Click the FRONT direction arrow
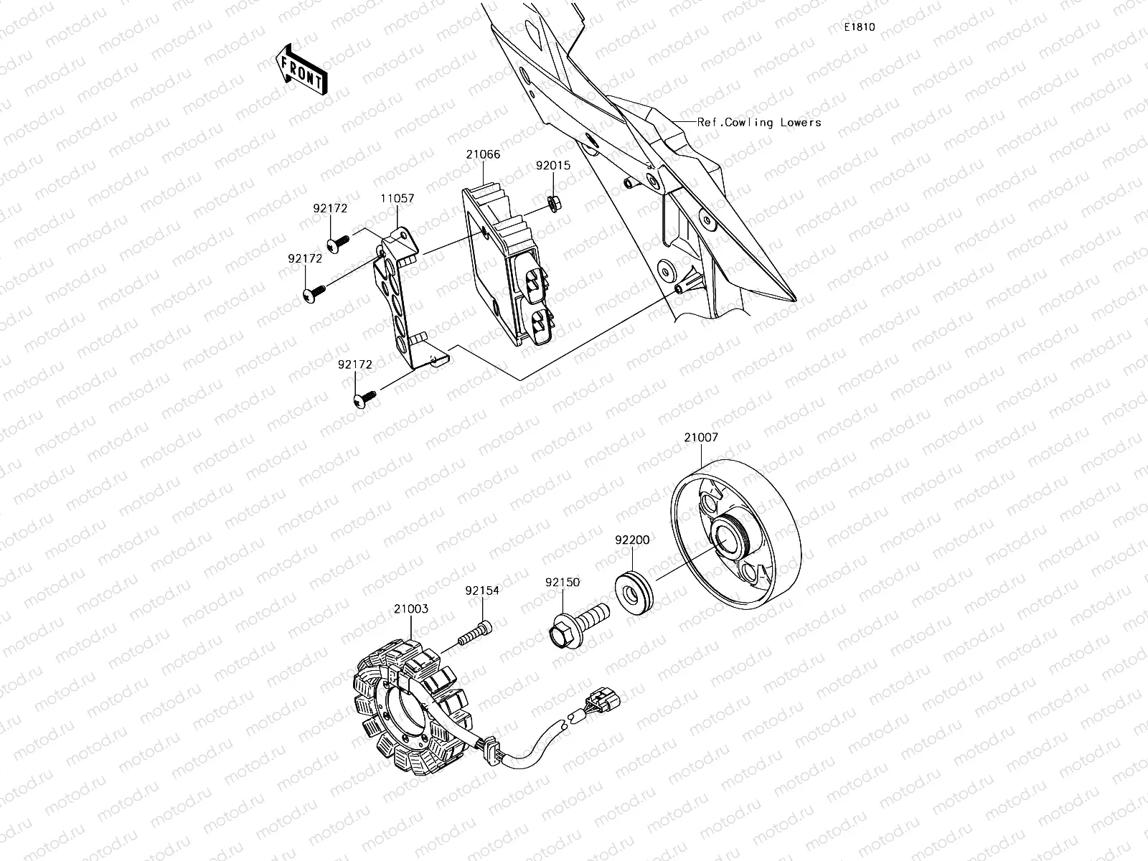click(301, 68)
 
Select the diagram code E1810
click(859, 27)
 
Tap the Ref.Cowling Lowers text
click(759, 123)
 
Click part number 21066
click(483, 154)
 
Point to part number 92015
click(553, 165)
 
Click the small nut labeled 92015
click(554, 202)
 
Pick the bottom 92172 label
click(356, 364)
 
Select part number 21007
click(700, 437)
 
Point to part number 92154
click(482, 591)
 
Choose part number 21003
click(410, 609)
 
